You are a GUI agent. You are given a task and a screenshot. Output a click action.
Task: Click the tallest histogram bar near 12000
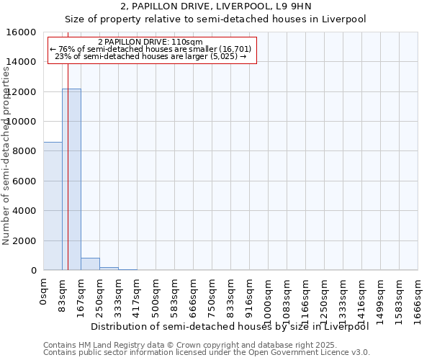pos(71,179)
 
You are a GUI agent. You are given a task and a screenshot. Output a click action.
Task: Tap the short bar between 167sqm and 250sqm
pos(90,264)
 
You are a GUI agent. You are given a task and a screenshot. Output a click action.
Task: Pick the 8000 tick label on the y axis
pos(24,151)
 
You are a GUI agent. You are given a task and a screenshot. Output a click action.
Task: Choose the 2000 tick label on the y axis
pos(24,240)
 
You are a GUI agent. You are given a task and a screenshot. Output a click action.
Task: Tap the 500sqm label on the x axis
pos(156,297)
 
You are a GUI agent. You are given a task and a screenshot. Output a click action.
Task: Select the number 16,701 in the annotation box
pos(235,50)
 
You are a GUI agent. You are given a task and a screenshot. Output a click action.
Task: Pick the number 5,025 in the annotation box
pos(223,57)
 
